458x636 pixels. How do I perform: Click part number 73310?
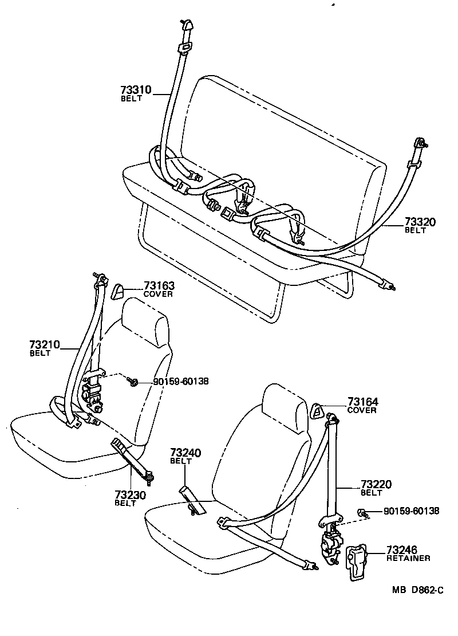pyautogui.click(x=136, y=91)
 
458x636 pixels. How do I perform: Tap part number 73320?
pyautogui.click(x=420, y=222)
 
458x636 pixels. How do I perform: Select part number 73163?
pyautogui.click(x=159, y=286)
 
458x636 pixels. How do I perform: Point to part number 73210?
pyautogui.click(x=44, y=344)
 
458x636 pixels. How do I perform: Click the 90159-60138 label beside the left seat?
pyautogui.click(x=180, y=382)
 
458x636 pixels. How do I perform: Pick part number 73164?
pyautogui.click(x=362, y=402)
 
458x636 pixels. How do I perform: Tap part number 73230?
pyautogui.click(x=129, y=494)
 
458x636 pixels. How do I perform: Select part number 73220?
pyautogui.click(x=376, y=485)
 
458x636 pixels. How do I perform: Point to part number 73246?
pyautogui.click(x=402, y=549)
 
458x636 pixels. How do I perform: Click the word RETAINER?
pyautogui.click(x=408, y=558)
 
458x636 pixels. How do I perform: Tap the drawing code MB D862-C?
pyautogui.click(x=417, y=591)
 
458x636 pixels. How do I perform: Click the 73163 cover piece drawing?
pyautogui.click(x=118, y=290)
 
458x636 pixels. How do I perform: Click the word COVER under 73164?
pyautogui.click(x=362, y=410)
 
